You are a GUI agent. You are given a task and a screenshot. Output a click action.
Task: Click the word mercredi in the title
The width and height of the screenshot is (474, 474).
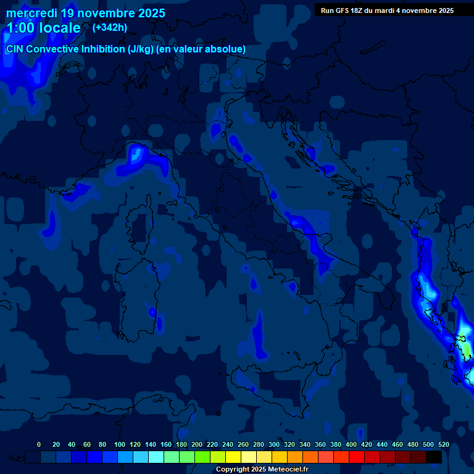pyautogui.click(x=31, y=12)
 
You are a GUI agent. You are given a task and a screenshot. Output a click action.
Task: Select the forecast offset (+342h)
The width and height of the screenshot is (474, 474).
pyautogui.click(x=110, y=27)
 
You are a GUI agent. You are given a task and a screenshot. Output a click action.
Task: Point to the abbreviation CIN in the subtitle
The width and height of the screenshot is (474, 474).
pyautogui.click(x=15, y=49)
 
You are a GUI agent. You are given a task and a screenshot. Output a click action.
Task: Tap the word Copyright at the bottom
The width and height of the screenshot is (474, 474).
pyautogui.click(x=233, y=470)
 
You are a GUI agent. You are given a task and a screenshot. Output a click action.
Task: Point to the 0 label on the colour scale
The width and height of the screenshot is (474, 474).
pyautogui.click(x=39, y=444)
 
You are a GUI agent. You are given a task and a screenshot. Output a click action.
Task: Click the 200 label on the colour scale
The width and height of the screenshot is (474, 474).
pyautogui.click(x=197, y=444)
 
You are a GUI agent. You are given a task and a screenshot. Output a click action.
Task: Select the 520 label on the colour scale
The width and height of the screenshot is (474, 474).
pyautogui.click(x=443, y=444)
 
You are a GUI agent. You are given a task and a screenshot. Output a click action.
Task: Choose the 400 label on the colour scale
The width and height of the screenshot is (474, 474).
pyautogui.click(x=351, y=444)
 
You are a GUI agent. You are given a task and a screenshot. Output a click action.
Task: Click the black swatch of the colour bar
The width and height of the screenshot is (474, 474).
pyautogui.click(x=434, y=457)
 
